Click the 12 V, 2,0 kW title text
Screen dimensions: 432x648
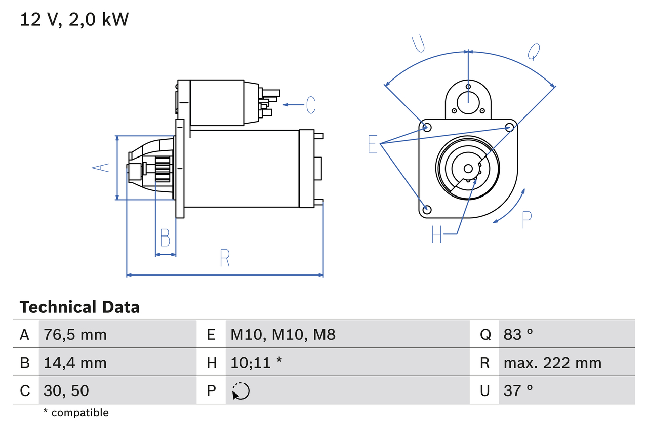pos(74,20)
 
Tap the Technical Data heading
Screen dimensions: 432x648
pos(79,307)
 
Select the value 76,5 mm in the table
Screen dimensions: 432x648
pos(75,334)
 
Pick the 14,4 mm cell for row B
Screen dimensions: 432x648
pos(75,363)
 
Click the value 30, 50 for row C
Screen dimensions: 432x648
pos(66,390)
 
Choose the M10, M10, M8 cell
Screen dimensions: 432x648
pos(283,334)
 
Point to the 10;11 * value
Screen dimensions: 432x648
pos(256,363)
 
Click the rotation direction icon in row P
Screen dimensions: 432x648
pos(240,391)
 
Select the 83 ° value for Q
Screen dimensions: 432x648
pos(518,334)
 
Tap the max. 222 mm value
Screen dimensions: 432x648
pos(552,363)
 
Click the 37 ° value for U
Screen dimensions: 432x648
pos(518,390)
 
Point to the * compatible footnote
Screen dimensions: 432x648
pos(76,413)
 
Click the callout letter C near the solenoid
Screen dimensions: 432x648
pos(310,105)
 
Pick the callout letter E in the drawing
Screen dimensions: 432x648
pos(373,144)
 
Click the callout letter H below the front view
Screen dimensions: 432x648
pos(437,234)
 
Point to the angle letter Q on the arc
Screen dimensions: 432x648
pos(534,51)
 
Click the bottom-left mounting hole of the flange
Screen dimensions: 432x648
pos(427,209)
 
